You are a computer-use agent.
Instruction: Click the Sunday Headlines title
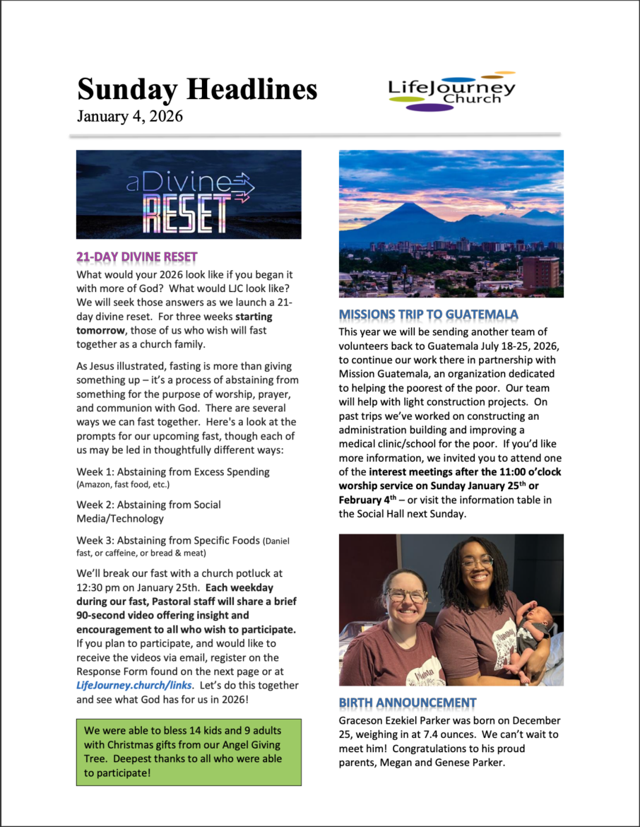click(197, 90)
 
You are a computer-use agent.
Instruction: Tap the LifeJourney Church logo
click(452, 92)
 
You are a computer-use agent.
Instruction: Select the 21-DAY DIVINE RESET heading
click(137, 257)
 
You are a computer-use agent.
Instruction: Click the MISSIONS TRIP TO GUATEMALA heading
click(428, 314)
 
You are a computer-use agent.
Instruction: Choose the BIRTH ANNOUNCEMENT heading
click(408, 703)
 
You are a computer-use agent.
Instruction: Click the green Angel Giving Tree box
click(189, 751)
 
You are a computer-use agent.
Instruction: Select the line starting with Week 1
click(173, 471)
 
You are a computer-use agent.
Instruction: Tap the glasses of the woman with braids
click(478, 563)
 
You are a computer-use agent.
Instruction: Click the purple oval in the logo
click(429, 107)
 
